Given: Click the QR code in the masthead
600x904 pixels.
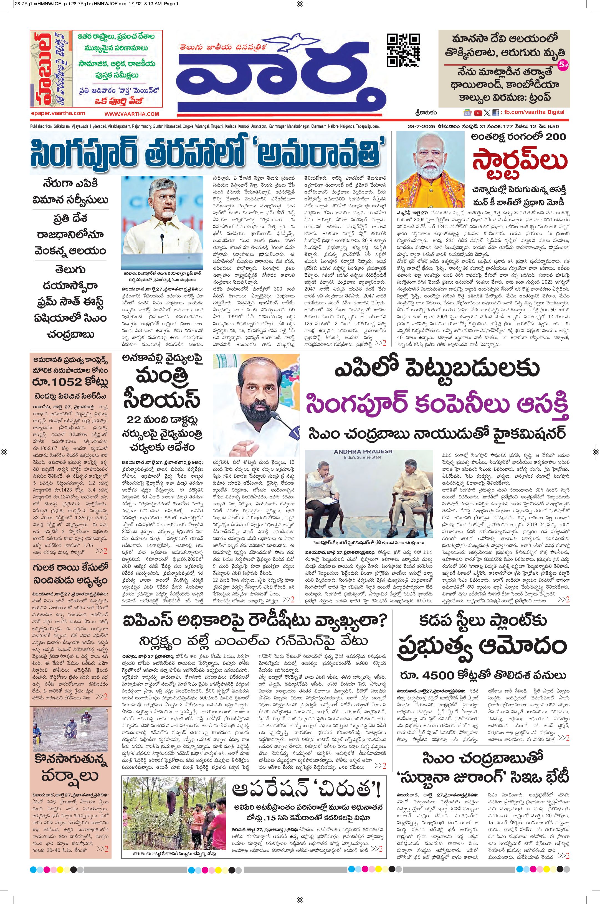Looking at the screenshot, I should tap(403, 50).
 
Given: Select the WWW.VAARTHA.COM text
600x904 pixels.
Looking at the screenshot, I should tap(131, 114).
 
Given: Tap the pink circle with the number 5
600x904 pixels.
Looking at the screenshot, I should tap(563, 65).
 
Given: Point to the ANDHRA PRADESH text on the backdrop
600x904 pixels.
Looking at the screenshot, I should tap(363, 451).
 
